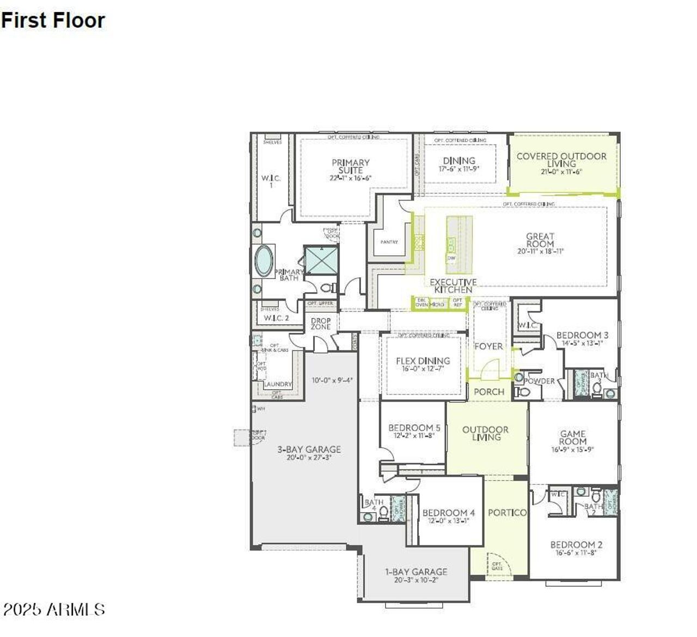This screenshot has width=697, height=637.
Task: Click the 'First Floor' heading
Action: click(x=53, y=20)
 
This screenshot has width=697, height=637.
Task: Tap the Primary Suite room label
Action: click(x=350, y=166)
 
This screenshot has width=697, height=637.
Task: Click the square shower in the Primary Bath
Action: click(x=321, y=260)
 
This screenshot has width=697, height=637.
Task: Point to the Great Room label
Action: click(x=540, y=240)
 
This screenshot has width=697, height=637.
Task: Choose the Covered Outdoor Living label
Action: click(x=561, y=160)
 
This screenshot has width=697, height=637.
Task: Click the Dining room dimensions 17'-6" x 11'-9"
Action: click(x=459, y=169)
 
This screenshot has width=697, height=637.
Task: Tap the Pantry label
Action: click(x=389, y=242)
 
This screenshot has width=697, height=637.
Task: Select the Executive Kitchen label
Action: click(x=453, y=286)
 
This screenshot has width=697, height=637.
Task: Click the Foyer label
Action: click(x=488, y=346)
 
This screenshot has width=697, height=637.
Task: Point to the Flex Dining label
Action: click(x=423, y=361)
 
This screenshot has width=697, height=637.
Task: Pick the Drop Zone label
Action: click(x=321, y=324)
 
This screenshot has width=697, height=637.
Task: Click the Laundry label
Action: click(x=278, y=384)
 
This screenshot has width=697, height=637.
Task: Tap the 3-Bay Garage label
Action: click(x=309, y=450)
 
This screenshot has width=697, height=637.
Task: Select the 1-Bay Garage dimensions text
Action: click(x=416, y=580)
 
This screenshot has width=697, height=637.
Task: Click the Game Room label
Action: click(x=572, y=438)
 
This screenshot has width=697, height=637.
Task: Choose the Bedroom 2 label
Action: click(x=576, y=544)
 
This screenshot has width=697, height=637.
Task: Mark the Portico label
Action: click(x=507, y=512)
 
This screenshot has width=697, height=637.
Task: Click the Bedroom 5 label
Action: click(x=414, y=428)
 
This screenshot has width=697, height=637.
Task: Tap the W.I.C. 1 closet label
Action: click(x=271, y=181)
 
